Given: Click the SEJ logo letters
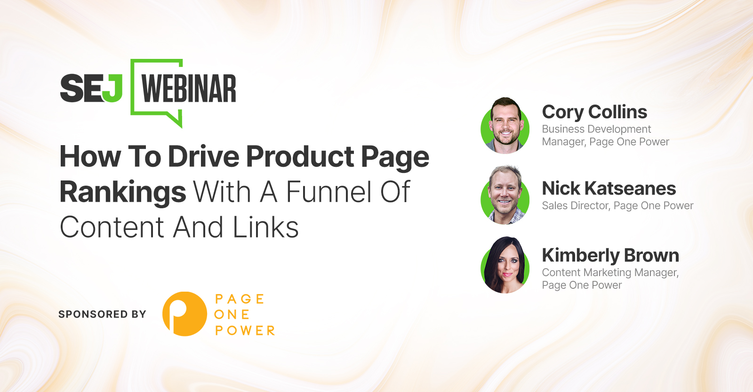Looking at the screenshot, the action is [91, 88].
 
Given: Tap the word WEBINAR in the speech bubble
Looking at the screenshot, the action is [189, 89].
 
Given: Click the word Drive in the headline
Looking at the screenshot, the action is [203, 156].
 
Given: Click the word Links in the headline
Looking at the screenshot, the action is [265, 227].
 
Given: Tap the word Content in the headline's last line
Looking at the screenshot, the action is [112, 227].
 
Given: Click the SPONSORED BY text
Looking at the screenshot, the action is [103, 314].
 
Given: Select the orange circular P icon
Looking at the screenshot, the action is [184, 314].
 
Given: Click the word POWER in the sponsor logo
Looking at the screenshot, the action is [245, 330].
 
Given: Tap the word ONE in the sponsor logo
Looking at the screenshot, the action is [232, 315].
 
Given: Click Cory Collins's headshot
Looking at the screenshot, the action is [505, 125].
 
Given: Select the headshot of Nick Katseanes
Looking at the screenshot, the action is [505, 195].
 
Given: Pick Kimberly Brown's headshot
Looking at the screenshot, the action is [505, 265].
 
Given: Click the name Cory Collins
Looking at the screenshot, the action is [594, 112].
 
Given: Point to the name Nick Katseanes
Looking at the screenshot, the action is [609, 188].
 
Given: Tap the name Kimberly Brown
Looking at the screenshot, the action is [610, 255].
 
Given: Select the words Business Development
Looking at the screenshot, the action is [596, 129].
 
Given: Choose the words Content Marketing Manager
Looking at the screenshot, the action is [610, 272].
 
